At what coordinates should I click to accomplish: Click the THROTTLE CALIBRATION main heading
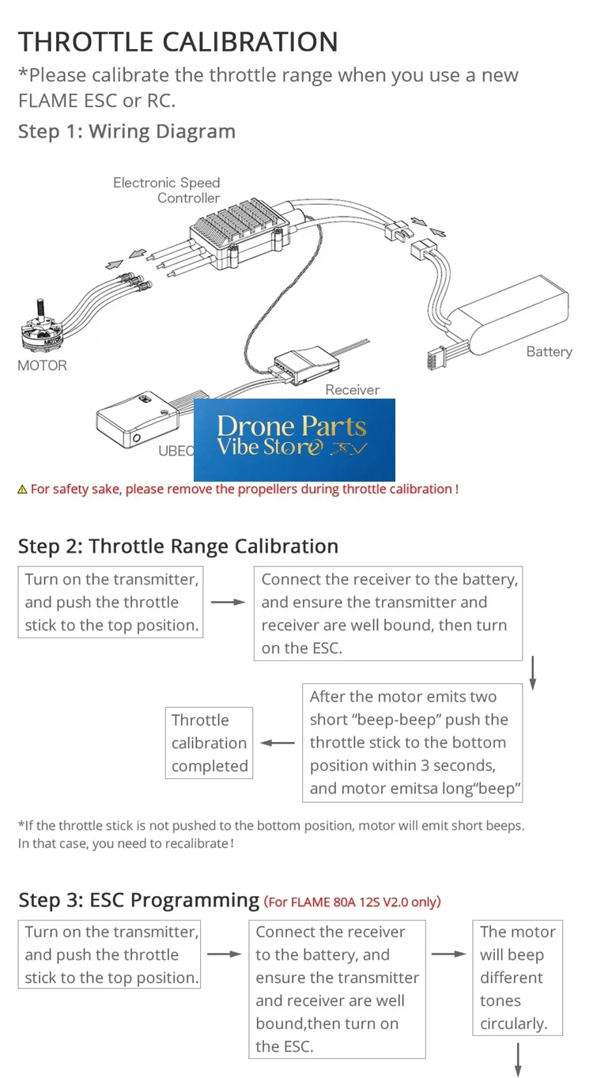coord(178,41)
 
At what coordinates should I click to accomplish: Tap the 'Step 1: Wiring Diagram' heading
coord(127,131)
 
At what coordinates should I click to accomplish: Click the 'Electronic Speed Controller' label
coord(166,190)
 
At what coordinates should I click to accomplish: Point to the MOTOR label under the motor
coord(43,365)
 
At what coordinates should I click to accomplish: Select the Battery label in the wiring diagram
coord(550,352)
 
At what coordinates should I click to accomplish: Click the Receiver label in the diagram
coord(353,390)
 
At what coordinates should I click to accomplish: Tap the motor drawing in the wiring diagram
coord(41,327)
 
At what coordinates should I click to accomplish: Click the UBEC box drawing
coord(138,418)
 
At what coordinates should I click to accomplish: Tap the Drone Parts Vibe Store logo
coord(294,440)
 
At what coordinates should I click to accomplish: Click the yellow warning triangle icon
coord(22,490)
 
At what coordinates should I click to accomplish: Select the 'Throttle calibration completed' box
coord(209,743)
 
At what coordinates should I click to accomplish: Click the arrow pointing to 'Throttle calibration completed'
coord(278,743)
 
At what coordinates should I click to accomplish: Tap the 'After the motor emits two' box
coord(412,743)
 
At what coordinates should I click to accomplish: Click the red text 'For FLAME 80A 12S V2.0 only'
coord(353,902)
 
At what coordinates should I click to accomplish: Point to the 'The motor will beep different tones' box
coord(518,978)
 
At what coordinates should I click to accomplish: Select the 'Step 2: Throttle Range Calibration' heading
coord(178,547)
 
